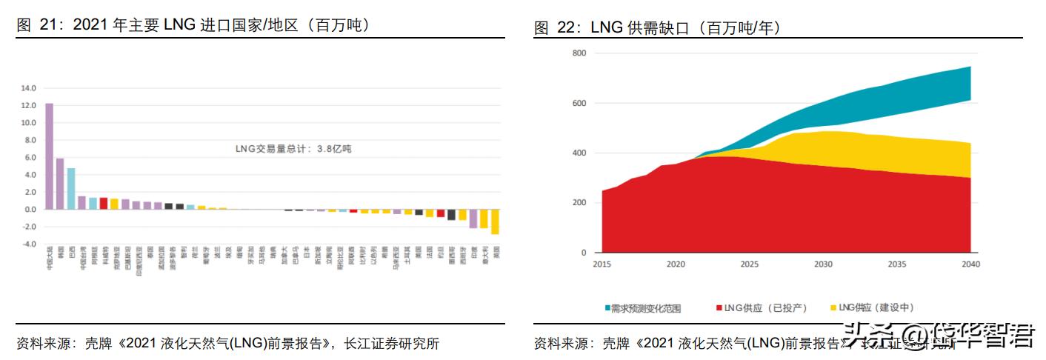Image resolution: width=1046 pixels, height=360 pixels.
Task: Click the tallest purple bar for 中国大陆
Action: (49, 156)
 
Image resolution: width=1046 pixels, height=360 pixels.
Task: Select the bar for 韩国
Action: (60, 183)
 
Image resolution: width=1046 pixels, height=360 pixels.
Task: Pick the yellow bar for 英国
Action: (495, 221)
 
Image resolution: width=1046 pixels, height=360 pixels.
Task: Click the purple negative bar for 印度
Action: (473, 219)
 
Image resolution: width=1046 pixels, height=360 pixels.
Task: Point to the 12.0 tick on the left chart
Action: (28, 105)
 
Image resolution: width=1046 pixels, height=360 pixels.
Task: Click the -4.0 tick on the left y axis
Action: (28, 244)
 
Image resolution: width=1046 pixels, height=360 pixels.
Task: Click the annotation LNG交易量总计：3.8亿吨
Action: (293, 149)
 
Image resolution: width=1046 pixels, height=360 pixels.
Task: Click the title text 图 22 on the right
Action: (555, 28)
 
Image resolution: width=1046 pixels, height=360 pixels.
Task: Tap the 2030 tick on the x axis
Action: (822, 264)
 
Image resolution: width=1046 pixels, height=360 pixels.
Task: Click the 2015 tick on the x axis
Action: (602, 264)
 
